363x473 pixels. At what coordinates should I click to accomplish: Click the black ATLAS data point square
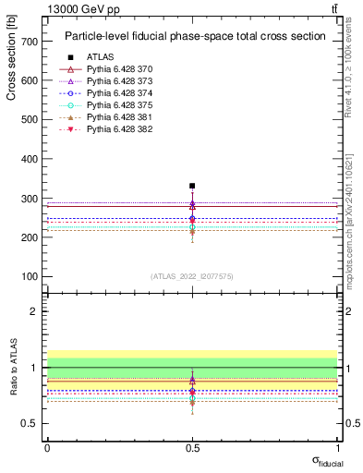point(192,186)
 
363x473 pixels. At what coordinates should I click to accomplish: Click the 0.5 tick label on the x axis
point(192,446)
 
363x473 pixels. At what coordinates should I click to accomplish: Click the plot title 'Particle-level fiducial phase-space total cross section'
point(195,37)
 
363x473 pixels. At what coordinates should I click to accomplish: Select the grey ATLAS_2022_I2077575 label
point(192,276)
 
